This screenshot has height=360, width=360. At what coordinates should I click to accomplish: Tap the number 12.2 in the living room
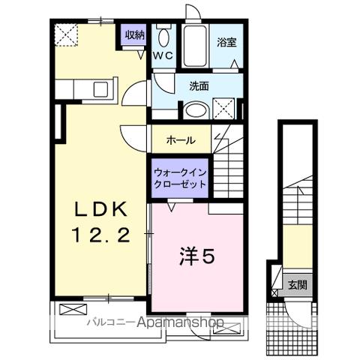point(103,234)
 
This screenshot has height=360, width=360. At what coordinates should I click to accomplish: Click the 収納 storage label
point(135,34)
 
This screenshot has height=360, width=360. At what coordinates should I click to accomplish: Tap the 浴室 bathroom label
point(227,42)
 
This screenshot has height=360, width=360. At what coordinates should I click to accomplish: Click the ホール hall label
point(181,139)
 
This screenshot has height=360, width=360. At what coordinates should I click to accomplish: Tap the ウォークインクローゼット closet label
point(180,177)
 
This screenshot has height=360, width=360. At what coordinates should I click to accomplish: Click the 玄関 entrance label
point(298,285)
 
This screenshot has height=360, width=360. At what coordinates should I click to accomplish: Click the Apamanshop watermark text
point(175,323)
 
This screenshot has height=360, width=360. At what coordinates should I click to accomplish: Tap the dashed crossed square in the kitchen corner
point(65,34)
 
